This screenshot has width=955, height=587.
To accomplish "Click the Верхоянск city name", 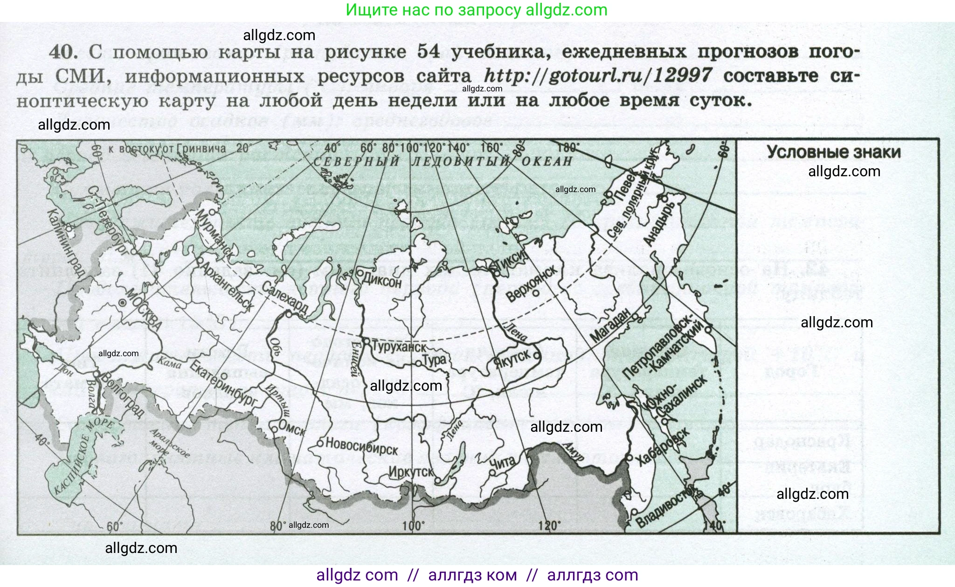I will (x=532, y=283).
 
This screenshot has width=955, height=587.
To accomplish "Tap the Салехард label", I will (x=285, y=298).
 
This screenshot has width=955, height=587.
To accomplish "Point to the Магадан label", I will (x=610, y=325).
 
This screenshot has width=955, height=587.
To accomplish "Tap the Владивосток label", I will (x=668, y=507).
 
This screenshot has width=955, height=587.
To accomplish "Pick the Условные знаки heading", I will (x=834, y=152).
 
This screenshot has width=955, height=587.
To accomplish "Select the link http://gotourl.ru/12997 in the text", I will (x=598, y=76).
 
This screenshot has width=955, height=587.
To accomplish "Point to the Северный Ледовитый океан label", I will (x=443, y=161).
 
